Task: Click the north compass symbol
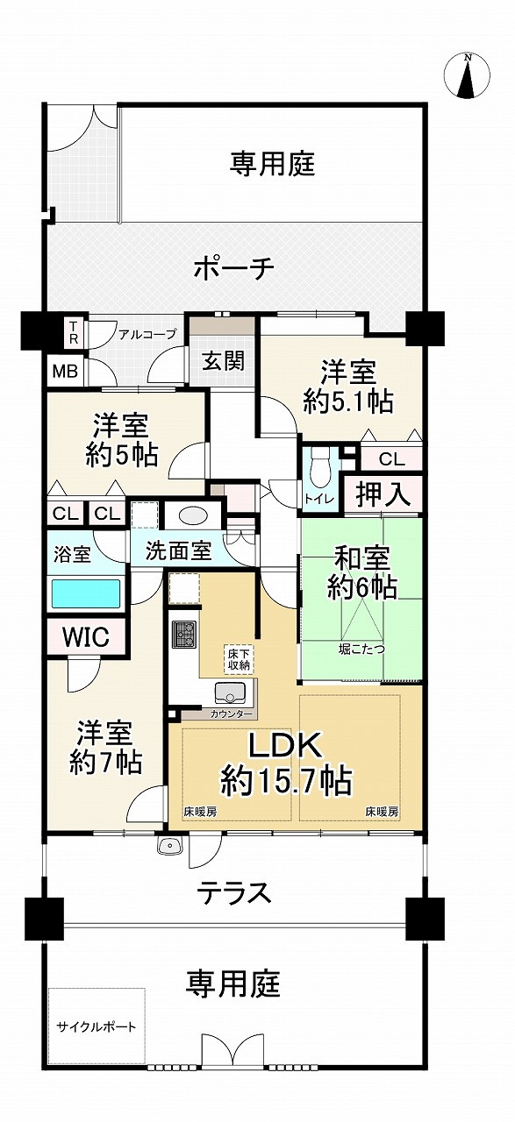coord(468,76)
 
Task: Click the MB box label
coord(64,371)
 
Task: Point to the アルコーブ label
coord(147,334)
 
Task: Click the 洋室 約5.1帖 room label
coord(348,387)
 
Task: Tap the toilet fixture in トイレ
coord(318,468)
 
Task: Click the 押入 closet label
coord(383,494)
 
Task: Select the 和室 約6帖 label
coord(361,572)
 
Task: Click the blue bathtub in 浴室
coord(86,593)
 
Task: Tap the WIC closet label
coord(86,637)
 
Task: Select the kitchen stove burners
coord(184,634)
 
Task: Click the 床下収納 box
coord(240,657)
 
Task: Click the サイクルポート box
coord(97,1026)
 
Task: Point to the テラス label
coord(232,893)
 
